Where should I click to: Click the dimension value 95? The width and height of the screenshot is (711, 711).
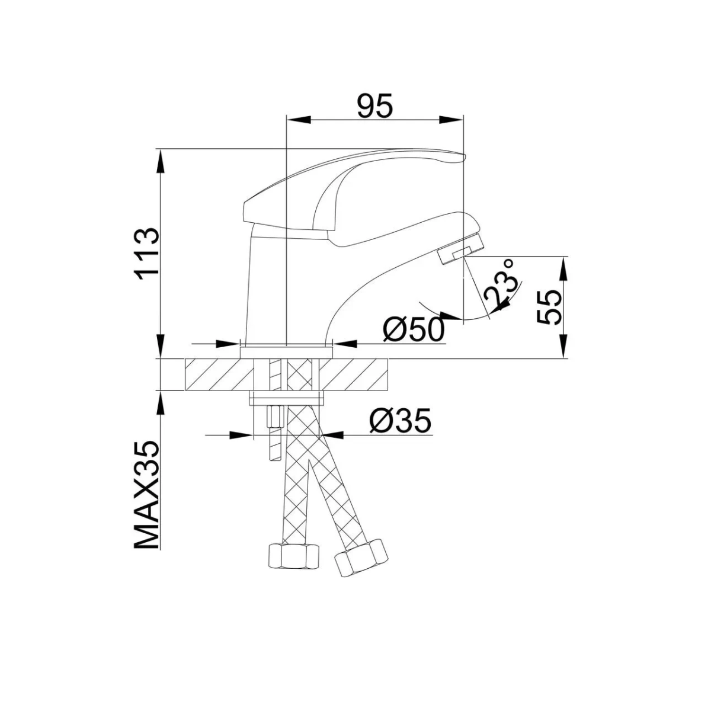pyautogui.click(x=374, y=107)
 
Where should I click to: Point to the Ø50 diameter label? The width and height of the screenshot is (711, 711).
pyautogui.click(x=414, y=329)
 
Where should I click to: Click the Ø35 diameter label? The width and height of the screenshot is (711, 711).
pyautogui.click(x=400, y=422)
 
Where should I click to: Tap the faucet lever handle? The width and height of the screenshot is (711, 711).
pyautogui.click(x=355, y=178)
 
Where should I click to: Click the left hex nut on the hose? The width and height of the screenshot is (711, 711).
pyautogui.click(x=294, y=556)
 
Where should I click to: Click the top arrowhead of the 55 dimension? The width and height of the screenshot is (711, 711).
pyautogui.click(x=563, y=266)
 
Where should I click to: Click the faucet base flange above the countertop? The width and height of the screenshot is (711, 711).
pyautogui.click(x=286, y=352)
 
